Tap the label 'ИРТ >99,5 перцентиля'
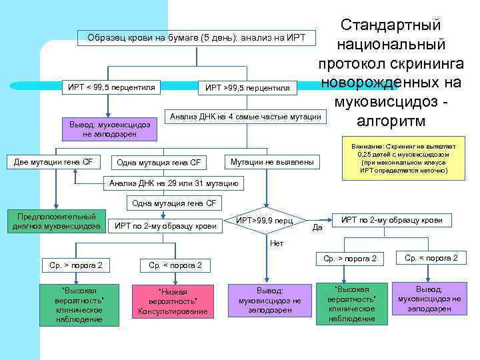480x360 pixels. [x=247, y=87]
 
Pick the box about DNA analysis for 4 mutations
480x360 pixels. [x=246, y=117]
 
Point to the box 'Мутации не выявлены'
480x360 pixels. [x=271, y=161]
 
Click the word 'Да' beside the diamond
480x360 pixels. [x=318, y=227]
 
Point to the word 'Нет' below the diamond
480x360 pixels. [x=276, y=244]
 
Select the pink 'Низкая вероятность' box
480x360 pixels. [x=173, y=301]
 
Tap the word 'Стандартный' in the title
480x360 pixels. [x=390, y=25]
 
